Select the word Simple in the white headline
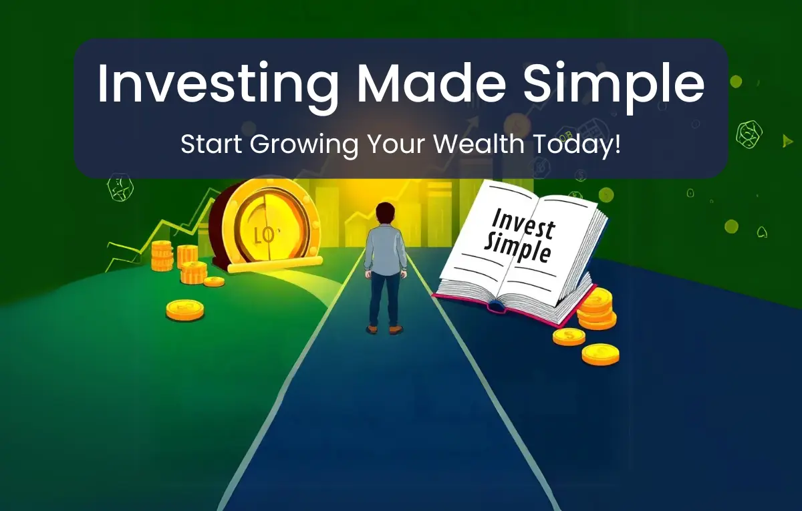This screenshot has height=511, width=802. [614, 86]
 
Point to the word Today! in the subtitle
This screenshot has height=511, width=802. [576, 144]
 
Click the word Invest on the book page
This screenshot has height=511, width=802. [523, 224]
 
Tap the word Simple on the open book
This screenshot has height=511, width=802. [517, 248]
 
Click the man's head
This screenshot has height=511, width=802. [385, 214]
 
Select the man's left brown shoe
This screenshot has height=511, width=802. [372, 329]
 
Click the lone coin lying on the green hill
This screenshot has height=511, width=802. [184, 310]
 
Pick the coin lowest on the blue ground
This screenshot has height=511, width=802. [600, 354]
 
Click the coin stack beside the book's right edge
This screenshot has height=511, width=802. [596, 309]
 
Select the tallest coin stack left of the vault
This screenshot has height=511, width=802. [162, 255]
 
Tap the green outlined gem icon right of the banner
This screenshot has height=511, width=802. [749, 134]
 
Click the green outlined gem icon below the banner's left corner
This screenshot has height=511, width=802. [120, 187]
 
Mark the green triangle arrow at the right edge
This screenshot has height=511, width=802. [787, 141]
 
